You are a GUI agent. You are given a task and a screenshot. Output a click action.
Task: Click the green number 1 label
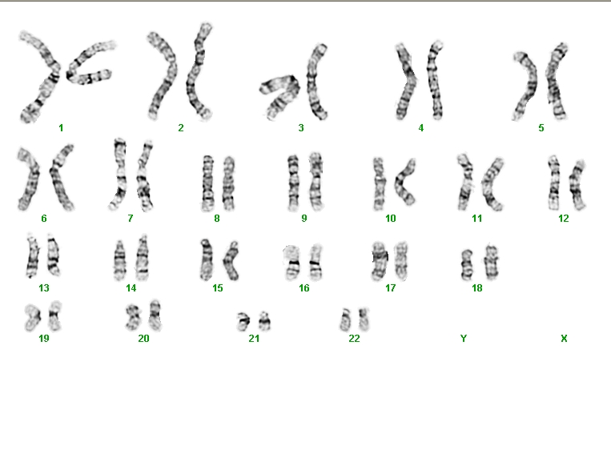point(61,128)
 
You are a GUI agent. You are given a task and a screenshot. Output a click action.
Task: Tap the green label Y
point(464,339)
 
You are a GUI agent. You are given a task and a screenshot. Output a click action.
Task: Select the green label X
point(564,339)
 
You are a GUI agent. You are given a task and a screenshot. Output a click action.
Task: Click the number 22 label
point(354,339)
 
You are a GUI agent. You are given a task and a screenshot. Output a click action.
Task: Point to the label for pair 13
point(44,288)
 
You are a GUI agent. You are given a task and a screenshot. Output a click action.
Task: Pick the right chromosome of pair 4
point(436,80)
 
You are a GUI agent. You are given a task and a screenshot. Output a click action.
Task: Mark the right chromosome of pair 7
point(145,175)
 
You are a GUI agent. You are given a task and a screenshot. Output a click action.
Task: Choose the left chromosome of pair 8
point(208,183)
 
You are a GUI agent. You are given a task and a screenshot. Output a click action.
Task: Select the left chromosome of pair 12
point(553,182)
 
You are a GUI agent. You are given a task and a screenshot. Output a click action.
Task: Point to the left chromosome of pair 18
point(467,265)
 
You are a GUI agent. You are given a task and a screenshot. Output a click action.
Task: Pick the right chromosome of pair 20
point(155,315)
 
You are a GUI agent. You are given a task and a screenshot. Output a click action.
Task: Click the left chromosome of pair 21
point(243,322)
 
